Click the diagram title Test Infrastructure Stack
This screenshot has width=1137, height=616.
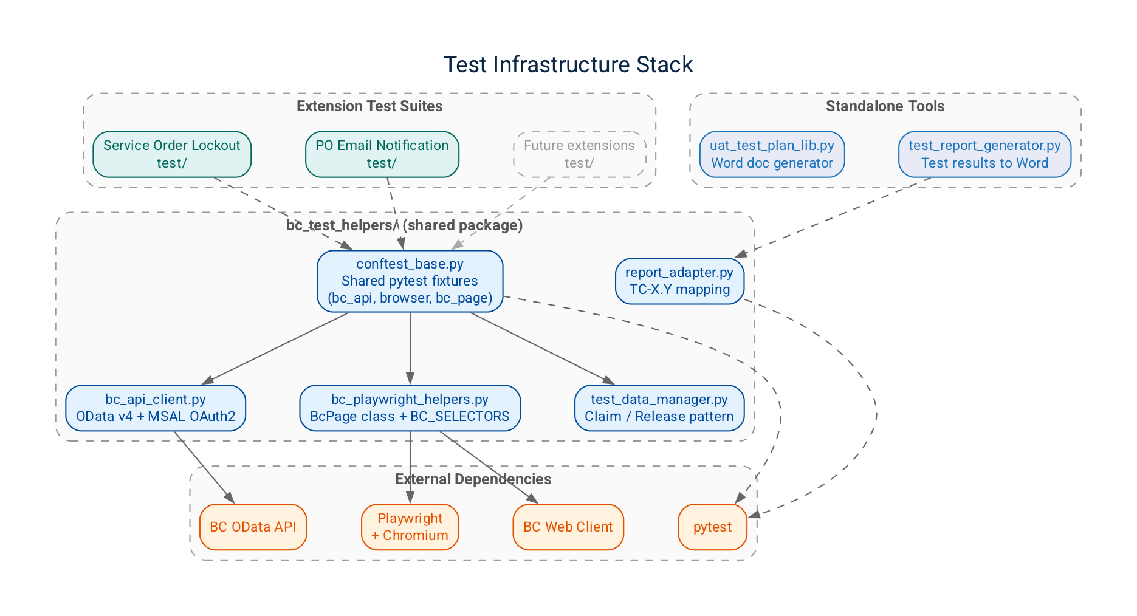point(568,65)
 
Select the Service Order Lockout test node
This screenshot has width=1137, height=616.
point(172,154)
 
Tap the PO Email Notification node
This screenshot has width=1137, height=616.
point(382,154)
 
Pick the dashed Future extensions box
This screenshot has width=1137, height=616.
point(579,154)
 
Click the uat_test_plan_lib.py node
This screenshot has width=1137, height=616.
point(772,154)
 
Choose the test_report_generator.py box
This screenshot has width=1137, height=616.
point(984,154)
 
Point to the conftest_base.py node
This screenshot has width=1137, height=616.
point(410,281)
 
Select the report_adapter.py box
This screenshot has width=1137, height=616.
point(679,281)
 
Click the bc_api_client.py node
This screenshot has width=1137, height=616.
point(156,408)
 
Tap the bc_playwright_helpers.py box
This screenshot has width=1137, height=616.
point(410,408)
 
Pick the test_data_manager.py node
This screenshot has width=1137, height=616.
point(659,408)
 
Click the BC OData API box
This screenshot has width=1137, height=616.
point(253,527)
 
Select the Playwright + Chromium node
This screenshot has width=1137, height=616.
point(410,527)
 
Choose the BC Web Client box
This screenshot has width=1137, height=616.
point(568,527)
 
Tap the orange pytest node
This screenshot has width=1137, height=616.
point(712,527)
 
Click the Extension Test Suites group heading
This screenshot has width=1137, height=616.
point(369,106)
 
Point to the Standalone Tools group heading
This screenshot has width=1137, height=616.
point(885,106)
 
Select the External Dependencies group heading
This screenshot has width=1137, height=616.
point(473,479)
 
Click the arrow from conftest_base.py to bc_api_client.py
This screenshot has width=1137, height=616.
point(277,347)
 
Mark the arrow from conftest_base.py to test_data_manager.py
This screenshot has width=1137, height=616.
point(541,347)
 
